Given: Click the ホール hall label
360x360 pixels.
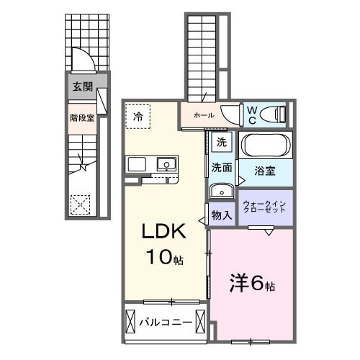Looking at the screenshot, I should pyautogui.click(x=202, y=114).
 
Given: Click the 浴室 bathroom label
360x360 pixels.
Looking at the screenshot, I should pyautogui.click(x=264, y=171).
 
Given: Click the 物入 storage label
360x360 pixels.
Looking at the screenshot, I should pyautogui.click(x=222, y=215).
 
